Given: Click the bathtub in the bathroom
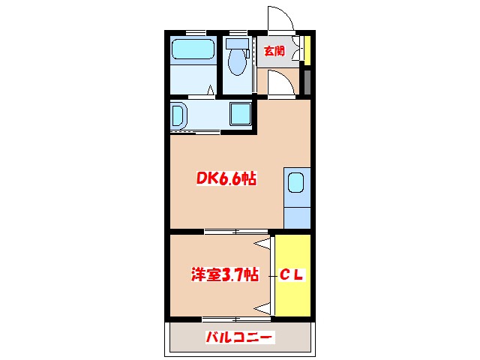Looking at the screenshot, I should (x=193, y=50).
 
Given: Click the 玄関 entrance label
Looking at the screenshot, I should (x=274, y=51).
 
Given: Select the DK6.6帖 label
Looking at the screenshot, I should (x=226, y=179).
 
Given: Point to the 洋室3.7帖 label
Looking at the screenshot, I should (x=223, y=275).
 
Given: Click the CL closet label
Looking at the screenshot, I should (x=292, y=275).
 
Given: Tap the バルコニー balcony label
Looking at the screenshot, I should (x=240, y=337).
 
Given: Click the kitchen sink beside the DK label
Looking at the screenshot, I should (x=295, y=183).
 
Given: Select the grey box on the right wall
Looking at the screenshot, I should (x=306, y=81).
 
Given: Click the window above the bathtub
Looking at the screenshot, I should (x=196, y=31).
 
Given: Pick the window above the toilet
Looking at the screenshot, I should (x=238, y=31).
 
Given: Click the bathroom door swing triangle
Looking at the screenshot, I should (x=211, y=91).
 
